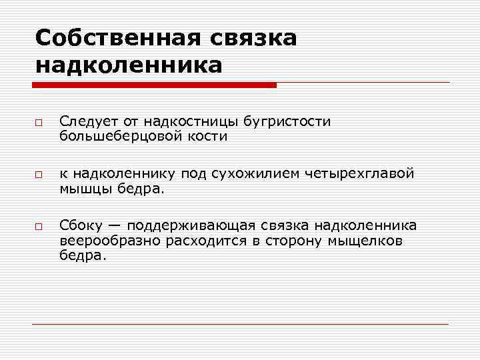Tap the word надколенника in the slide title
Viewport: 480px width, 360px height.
point(129,65)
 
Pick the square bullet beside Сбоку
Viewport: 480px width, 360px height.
point(39,227)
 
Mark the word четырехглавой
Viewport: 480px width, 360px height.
point(360,173)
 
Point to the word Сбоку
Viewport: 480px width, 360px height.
point(80,225)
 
